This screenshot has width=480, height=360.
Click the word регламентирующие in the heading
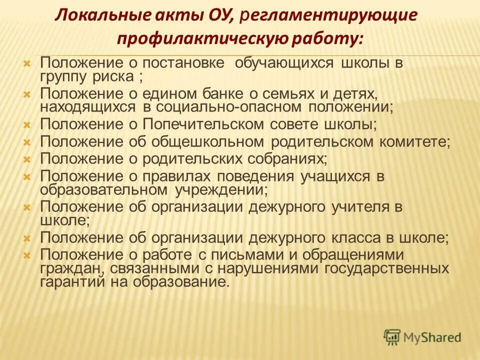click(329, 15)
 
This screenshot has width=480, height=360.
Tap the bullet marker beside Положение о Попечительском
click(28, 124)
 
